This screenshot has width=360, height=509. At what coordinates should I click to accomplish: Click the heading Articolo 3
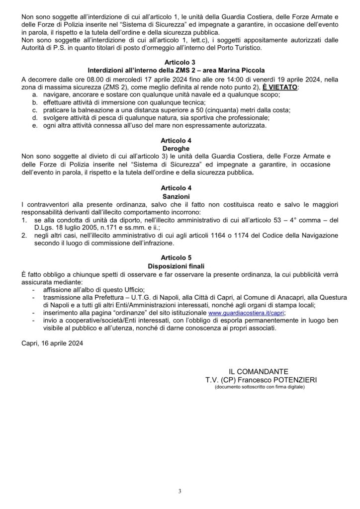click(180, 62)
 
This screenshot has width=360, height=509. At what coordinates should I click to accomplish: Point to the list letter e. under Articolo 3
click(34, 126)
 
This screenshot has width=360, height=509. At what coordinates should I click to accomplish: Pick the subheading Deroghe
click(180, 149)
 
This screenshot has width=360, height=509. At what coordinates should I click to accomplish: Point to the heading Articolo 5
click(180, 258)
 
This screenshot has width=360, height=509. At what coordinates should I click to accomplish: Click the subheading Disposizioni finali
click(180, 266)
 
